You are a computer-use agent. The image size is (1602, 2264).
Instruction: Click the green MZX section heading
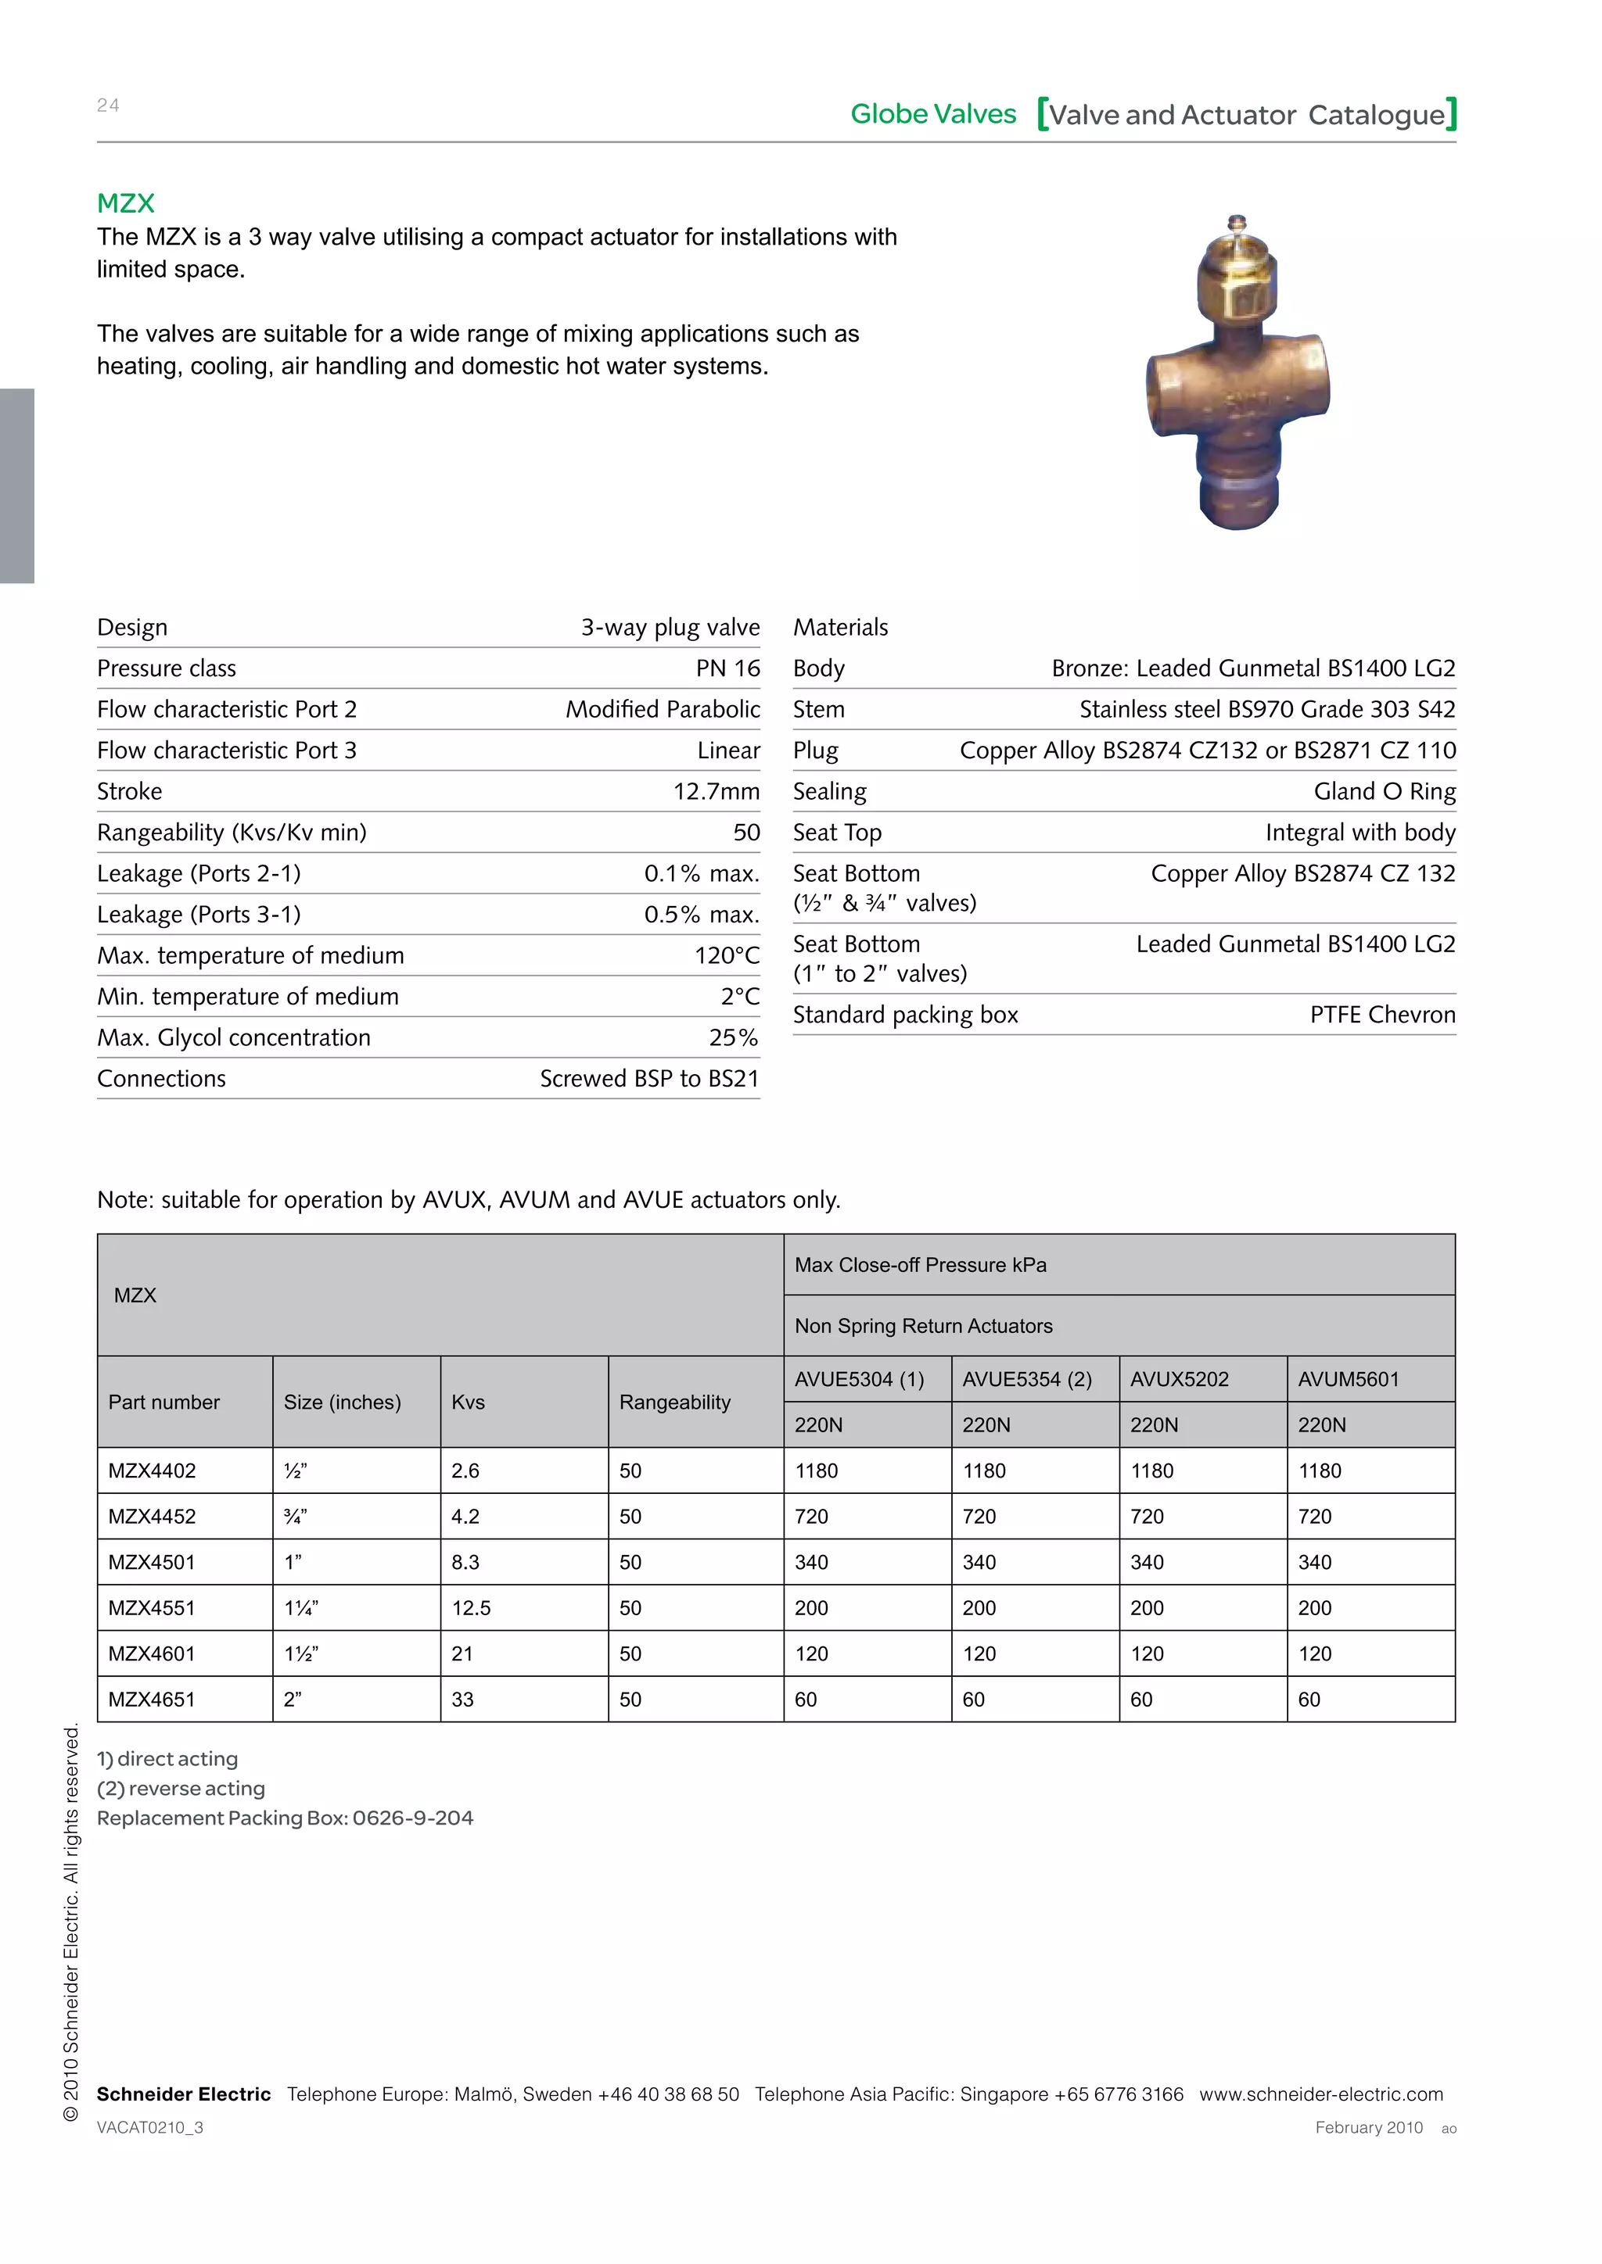pos(125,203)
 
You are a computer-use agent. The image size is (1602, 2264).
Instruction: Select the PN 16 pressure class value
pos(728,668)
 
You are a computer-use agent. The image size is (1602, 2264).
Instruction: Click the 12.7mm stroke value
pos(717,792)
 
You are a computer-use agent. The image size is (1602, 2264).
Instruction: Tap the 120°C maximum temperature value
pos(726,955)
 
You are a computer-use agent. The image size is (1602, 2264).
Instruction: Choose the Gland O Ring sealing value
pos(1384,792)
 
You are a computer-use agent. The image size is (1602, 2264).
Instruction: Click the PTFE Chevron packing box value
pos(1382,1015)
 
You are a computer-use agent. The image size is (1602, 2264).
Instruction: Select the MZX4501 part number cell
pos(152,1562)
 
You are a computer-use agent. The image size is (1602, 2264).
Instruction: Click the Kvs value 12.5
pos(471,1608)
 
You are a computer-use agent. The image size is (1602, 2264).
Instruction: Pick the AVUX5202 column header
pos(1179,1380)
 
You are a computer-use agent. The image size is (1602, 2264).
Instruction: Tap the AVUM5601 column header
pos(1348,1380)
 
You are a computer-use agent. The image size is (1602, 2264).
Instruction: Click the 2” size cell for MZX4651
pos(293,1700)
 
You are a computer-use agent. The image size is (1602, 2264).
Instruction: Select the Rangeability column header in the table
pos(675,1402)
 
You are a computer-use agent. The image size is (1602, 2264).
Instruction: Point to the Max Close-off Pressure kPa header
pos(921,1265)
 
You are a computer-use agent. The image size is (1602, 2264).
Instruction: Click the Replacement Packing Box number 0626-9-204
pos(412,1818)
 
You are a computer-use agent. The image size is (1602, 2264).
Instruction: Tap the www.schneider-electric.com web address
pos(1321,2094)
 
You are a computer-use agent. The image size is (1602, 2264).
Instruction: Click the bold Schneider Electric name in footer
pos(184,2094)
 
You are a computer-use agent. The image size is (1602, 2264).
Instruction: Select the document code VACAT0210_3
pos(150,2128)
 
